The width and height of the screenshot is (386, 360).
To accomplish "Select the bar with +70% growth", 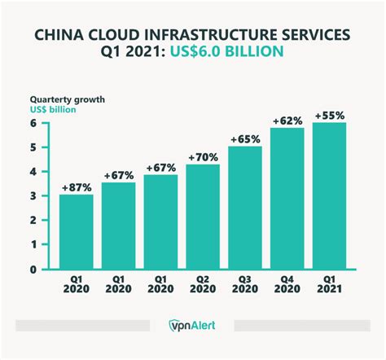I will pos(203,217).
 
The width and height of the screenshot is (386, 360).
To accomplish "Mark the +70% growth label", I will pos(203,156).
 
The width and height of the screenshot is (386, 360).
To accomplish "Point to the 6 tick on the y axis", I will pos(35,123).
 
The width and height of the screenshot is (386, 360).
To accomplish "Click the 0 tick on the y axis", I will pos(35,270).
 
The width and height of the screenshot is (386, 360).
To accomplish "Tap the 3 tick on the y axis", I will pos(35,196).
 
